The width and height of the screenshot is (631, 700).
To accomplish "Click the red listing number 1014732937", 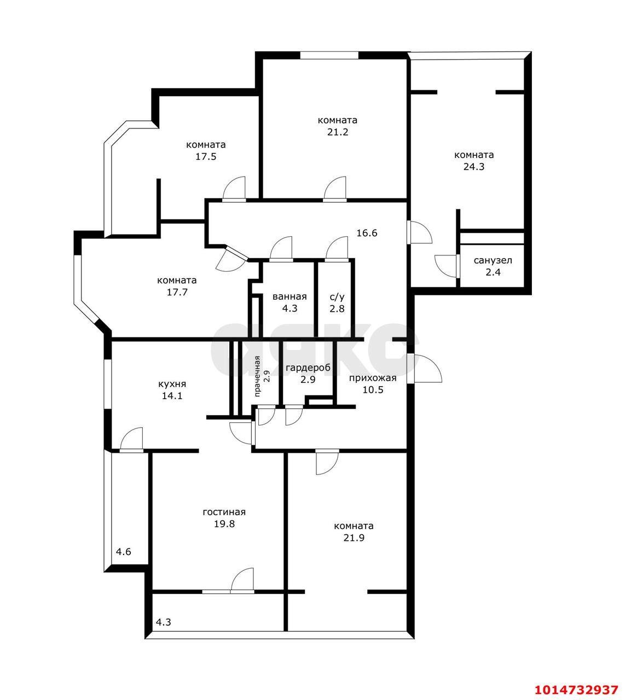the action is coord(576,690).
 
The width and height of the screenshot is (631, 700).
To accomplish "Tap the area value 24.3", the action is coord(474,167).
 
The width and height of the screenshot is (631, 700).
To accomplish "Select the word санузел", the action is coord(493,260).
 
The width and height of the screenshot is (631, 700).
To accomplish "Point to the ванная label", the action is coord(290,296).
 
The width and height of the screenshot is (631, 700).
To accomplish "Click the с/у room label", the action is coord(337,297).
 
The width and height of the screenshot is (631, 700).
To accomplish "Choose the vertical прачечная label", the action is coord(257,376).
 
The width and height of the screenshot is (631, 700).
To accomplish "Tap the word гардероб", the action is coord(308,368).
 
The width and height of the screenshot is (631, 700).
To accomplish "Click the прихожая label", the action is coord(373,378).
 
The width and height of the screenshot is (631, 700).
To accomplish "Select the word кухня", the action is coord(172,384).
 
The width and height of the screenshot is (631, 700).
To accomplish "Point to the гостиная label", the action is coord(224,512).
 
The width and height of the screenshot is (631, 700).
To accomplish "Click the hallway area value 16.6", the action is coord(367,233).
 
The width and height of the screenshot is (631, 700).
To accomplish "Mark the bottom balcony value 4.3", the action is coord(163,622).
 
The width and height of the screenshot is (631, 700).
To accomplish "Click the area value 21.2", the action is coord(338,132).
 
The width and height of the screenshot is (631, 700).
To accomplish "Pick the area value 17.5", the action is coord(206,157).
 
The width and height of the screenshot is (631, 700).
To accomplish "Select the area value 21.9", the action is coord(354,538).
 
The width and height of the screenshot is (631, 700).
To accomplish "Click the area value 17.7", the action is coord(177,292).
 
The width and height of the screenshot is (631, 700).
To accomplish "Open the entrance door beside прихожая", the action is coord(424,369).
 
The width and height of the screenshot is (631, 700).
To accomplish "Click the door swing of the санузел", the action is coord(445,266).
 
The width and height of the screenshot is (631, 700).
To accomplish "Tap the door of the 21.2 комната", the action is coord(335,189).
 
